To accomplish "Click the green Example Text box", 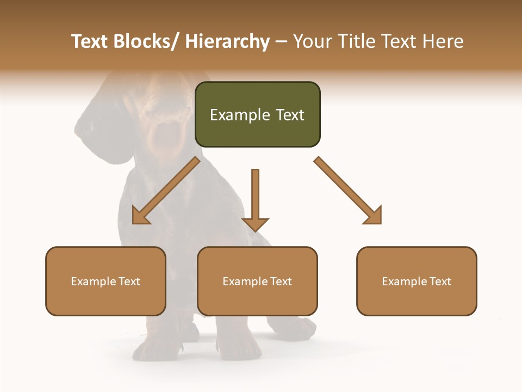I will coord(257,115).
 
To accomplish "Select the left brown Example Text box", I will coord(105,281).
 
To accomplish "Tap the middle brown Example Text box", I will coord(257,281).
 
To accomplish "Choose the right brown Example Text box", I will coord(417,281).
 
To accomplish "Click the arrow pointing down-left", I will coord(166,191).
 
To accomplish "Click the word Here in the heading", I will coord(443,41).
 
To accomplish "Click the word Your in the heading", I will coord(310,41).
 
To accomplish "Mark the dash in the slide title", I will coord(281,41).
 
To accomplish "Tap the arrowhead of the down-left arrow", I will coord(141,216).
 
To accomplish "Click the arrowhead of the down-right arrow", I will coord(373,215).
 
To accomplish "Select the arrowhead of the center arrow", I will coord(255,224).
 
